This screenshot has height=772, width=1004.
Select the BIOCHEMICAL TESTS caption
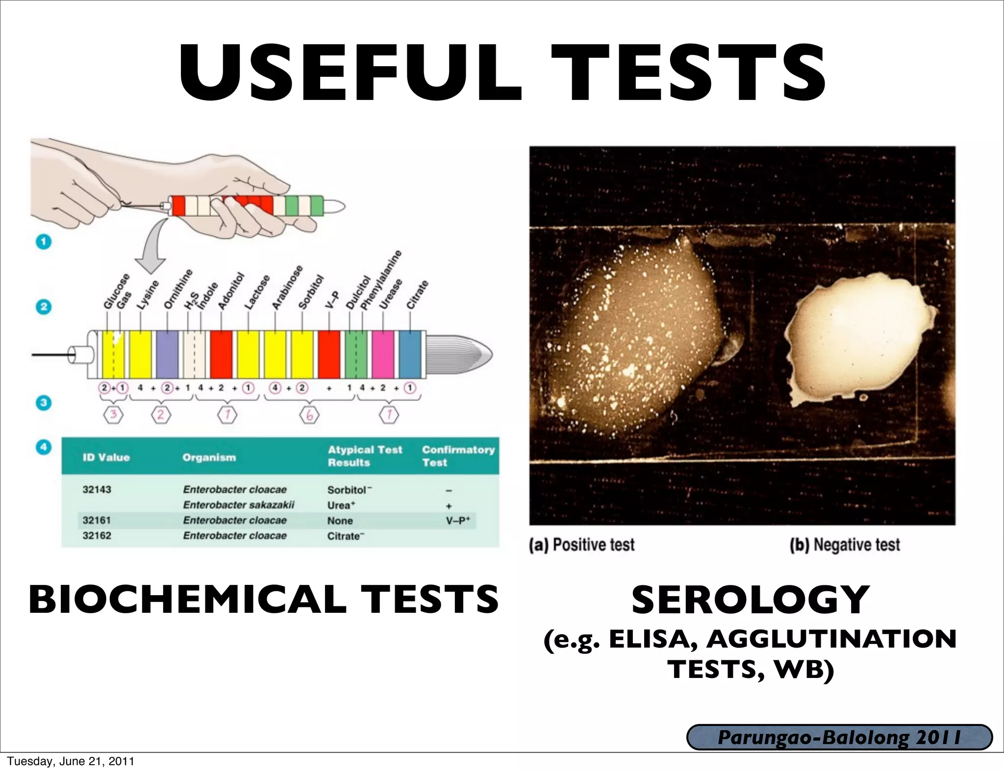pyautogui.click(x=263, y=600)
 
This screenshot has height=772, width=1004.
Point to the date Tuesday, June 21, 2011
pyautogui.click(x=70, y=761)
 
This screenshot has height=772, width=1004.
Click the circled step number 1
pyautogui.click(x=44, y=242)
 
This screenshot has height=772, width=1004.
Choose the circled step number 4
pyautogui.click(x=44, y=447)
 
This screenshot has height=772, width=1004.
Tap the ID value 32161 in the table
pyautogui.click(x=97, y=520)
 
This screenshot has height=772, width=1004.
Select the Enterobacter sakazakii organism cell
pyautogui.click(x=239, y=505)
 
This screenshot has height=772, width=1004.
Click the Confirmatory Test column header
pyautogui.click(x=458, y=456)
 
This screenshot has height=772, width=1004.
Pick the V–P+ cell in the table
pyautogui.click(x=457, y=521)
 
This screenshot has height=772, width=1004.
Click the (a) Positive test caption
pyautogui.click(x=582, y=545)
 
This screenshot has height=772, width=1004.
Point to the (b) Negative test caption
pyautogui.click(x=845, y=545)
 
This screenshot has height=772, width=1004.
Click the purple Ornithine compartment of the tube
pyautogui.click(x=167, y=355)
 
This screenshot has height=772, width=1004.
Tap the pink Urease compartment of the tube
pyautogui.click(x=383, y=355)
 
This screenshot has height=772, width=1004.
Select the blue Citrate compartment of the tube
pyautogui.click(x=410, y=355)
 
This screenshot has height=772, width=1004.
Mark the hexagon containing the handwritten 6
pyautogui.click(x=309, y=416)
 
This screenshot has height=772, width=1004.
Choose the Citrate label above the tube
pyautogui.click(x=418, y=294)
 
